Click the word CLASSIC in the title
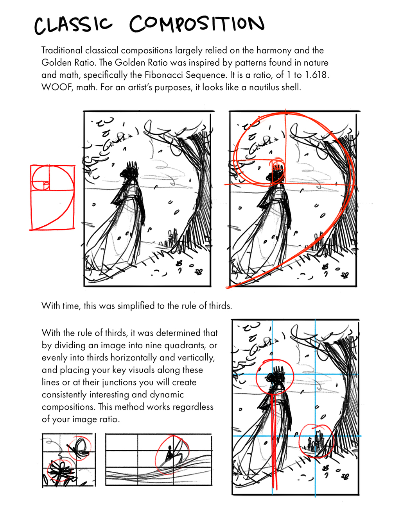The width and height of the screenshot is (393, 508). pos(74,25)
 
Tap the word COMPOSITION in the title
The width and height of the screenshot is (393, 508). pos(197,24)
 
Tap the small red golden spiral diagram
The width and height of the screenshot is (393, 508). pos(52,197)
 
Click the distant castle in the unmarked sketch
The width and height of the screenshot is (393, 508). pos(171,237)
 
